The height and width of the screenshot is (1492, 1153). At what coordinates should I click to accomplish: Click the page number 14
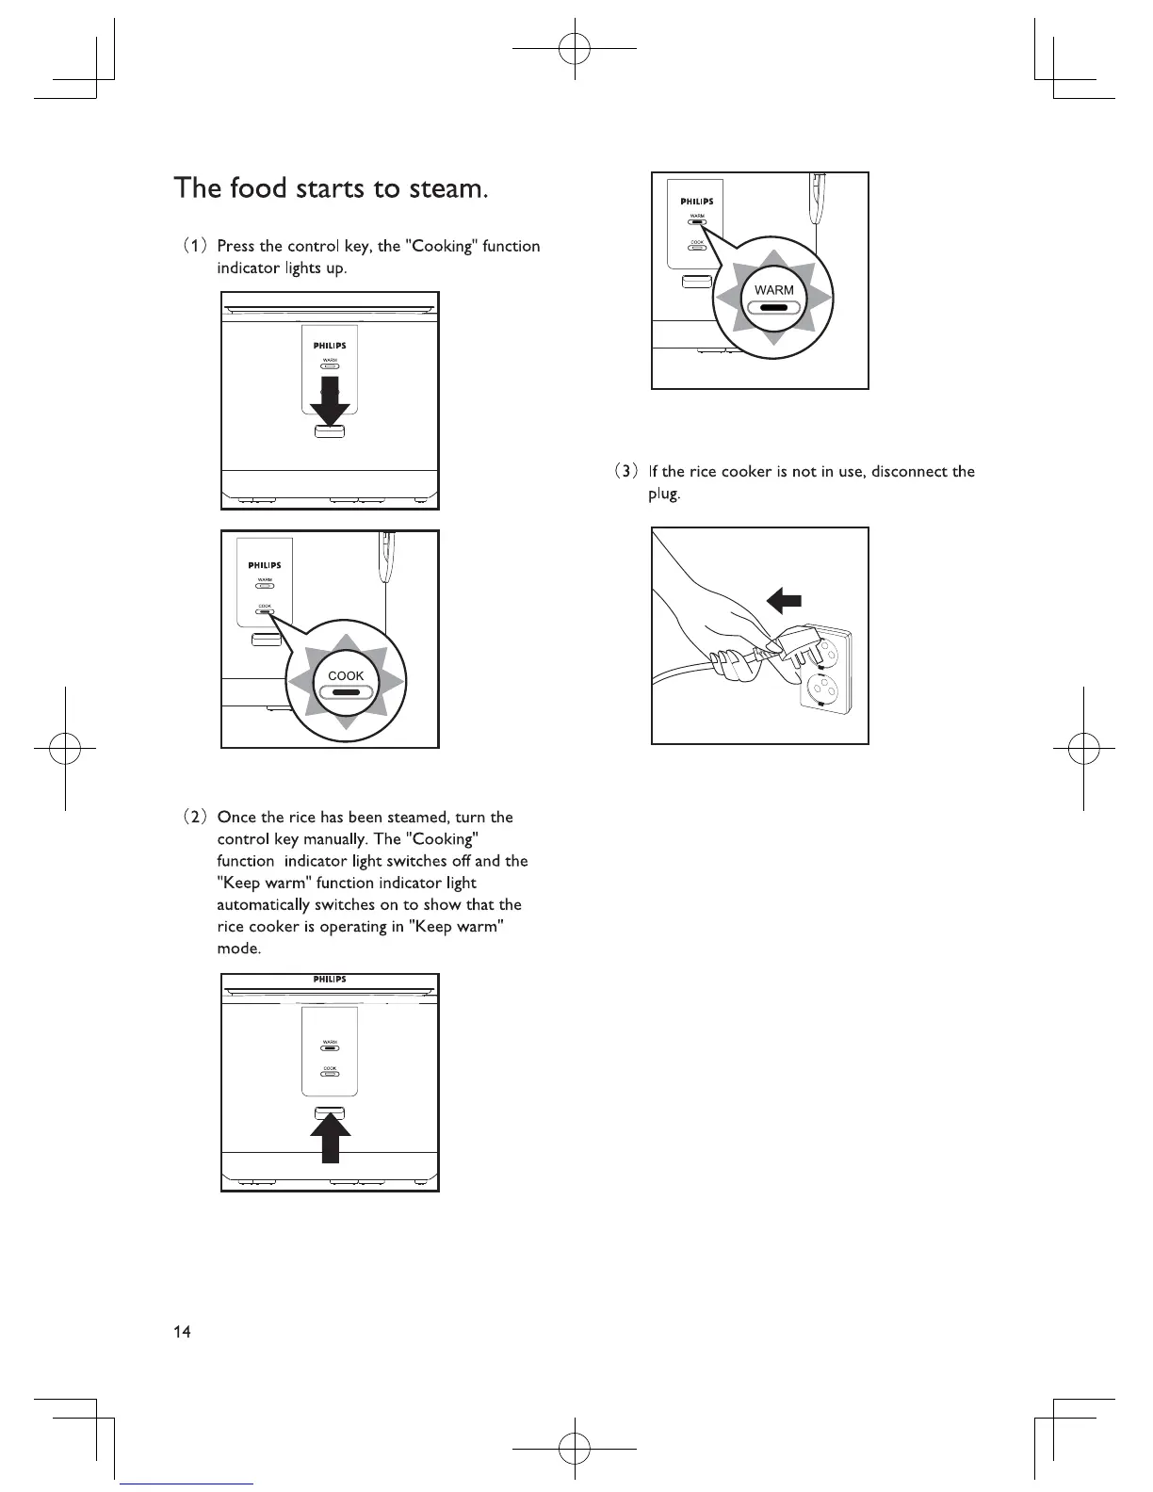182,1331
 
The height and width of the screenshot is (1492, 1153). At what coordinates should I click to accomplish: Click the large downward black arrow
330,403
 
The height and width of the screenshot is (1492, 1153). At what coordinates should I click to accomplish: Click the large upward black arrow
330,1138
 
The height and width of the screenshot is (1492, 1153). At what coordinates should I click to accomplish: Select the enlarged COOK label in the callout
346,675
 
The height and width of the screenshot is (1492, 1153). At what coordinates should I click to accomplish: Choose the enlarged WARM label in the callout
774,290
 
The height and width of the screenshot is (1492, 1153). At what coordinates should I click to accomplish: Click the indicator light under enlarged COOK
346,693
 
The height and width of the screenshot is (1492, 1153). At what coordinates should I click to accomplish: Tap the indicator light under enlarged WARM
774,307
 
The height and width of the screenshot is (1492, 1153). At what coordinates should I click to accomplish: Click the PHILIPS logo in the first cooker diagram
330,346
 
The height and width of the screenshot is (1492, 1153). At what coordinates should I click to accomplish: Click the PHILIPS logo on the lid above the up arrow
330,980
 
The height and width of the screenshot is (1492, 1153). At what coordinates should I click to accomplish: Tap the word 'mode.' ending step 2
239,949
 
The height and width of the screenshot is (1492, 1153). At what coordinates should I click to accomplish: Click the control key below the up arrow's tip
330,1113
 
